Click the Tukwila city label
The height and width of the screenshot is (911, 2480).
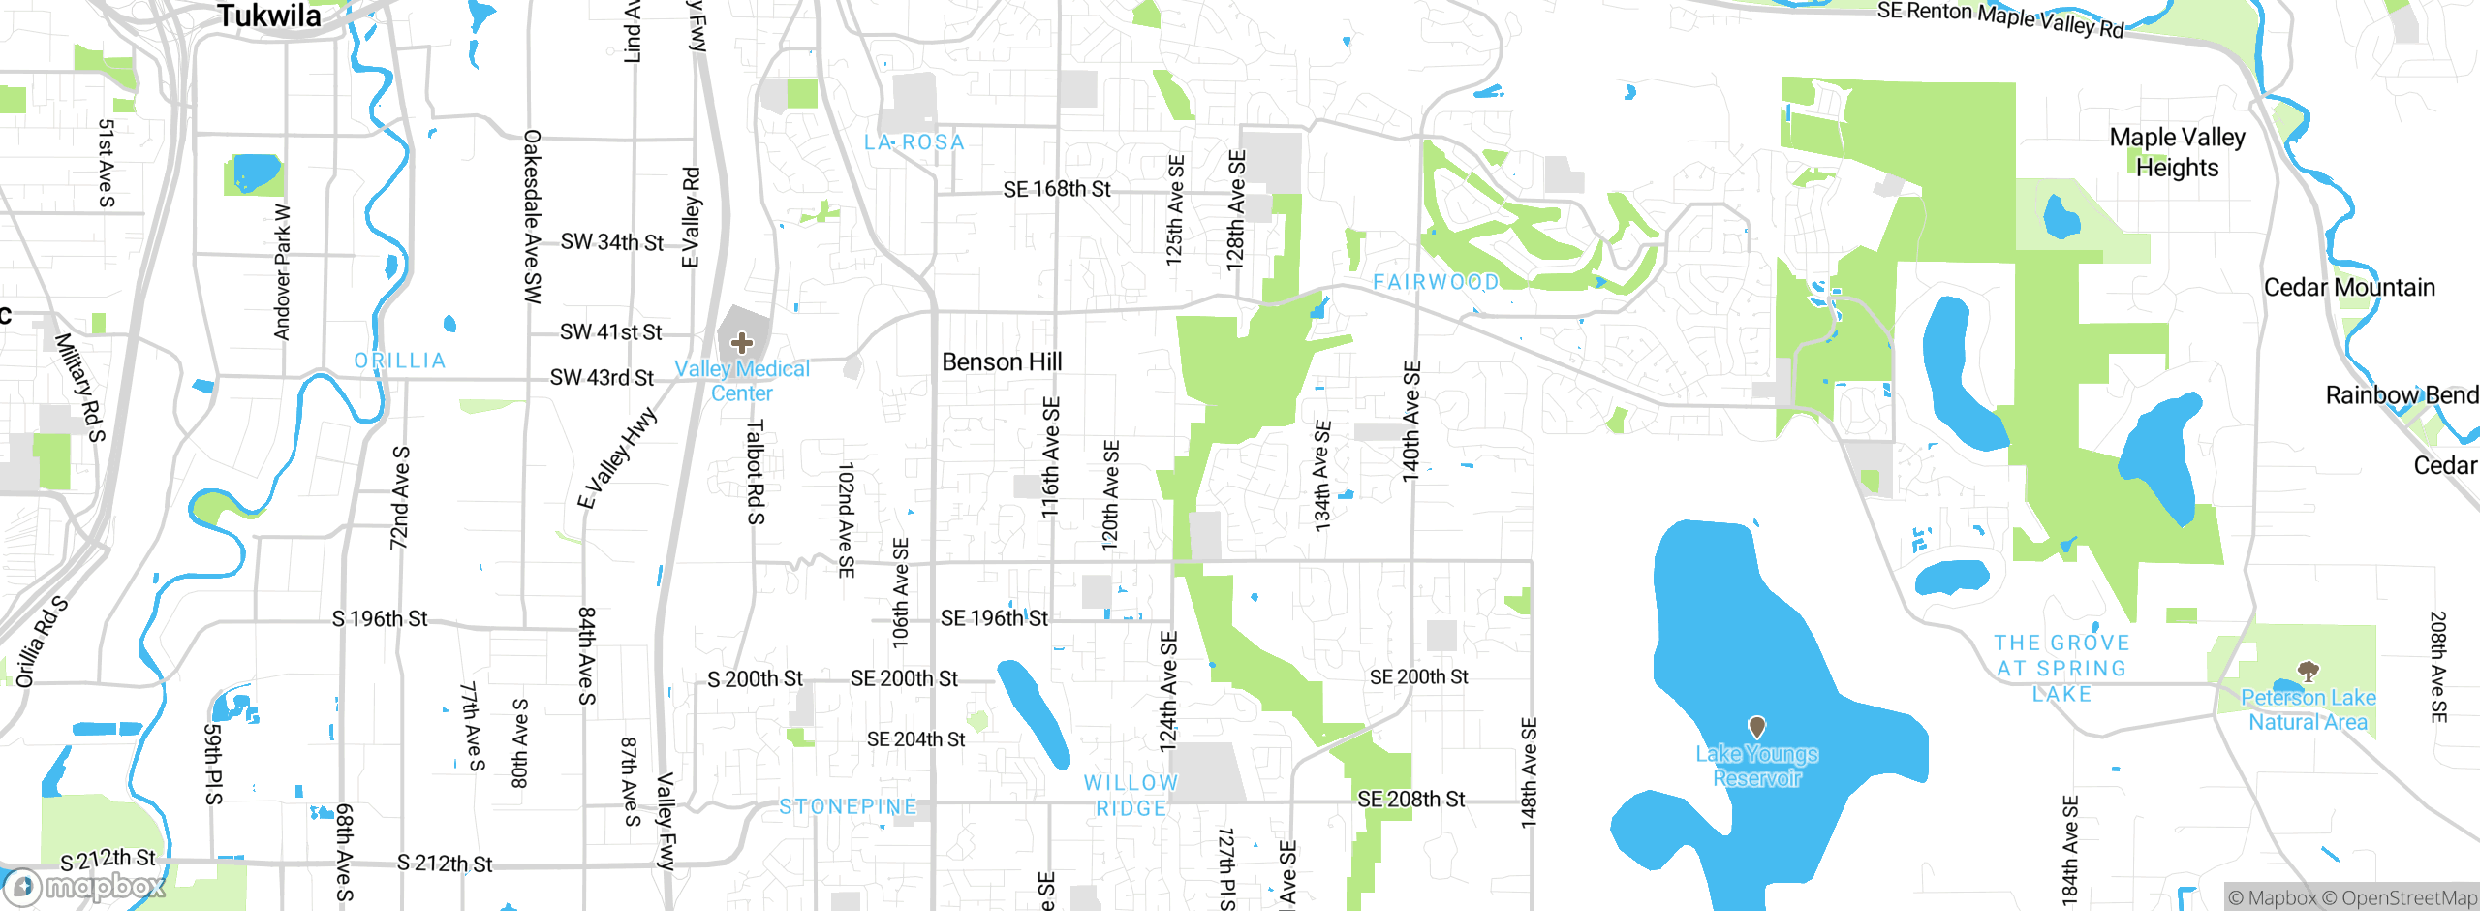coord(269,16)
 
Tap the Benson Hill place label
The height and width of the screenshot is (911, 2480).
coord(1002,362)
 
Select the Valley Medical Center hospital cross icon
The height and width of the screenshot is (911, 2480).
coord(742,343)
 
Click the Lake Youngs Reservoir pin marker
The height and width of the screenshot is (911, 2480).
coord(1756,726)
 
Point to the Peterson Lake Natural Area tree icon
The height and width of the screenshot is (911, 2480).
coord(2309,671)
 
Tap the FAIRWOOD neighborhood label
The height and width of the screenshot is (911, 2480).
coord(1436,282)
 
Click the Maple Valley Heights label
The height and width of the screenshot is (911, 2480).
coord(2177,152)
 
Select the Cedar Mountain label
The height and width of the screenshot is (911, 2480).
coord(2348,288)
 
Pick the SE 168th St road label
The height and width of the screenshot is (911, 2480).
coord(1056,189)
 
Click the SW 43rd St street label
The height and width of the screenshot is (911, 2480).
coord(602,377)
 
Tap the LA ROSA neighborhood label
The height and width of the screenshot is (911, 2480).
coord(914,142)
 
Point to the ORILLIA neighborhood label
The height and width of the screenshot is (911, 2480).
coord(400,361)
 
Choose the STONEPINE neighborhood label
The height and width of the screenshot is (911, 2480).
coord(848,806)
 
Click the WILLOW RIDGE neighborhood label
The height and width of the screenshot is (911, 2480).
coord(1131,796)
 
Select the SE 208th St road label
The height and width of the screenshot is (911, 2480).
coord(1410,800)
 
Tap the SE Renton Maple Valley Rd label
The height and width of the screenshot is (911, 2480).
coord(1999,18)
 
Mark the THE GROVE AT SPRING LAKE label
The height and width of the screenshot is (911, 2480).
coord(2061,669)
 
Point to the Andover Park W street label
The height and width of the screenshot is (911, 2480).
coord(282,272)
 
